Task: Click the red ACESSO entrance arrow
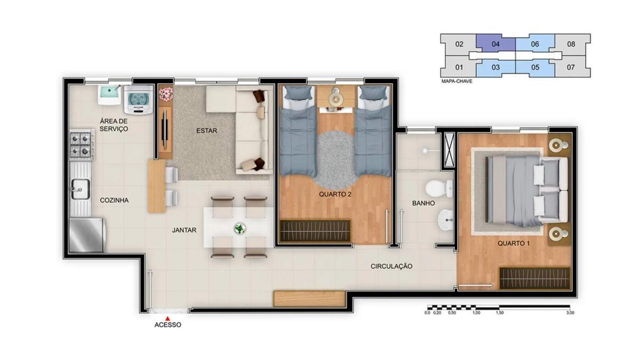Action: tap(167, 318)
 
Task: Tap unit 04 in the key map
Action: tap(495, 43)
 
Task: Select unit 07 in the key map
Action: tap(571, 67)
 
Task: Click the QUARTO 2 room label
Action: tap(335, 194)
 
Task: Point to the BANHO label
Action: tap(423, 203)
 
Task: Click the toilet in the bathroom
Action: tap(439, 189)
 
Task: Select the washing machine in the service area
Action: tap(138, 100)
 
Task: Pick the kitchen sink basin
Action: tap(81, 189)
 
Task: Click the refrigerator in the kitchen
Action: tap(87, 235)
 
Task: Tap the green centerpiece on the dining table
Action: tap(239, 229)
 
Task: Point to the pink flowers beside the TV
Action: tap(166, 94)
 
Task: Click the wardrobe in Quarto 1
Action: tap(534, 278)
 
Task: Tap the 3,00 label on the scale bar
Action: tap(570, 313)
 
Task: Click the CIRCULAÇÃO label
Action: tap(391, 266)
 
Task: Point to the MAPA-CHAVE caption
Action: tap(457, 82)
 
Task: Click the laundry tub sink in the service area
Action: tap(109, 94)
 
